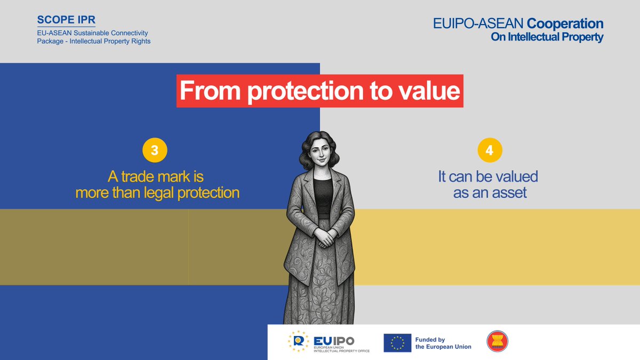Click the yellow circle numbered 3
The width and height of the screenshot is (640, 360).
pos(155,151)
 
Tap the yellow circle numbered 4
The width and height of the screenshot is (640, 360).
pos(489,151)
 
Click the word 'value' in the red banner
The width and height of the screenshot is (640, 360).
pos(432,91)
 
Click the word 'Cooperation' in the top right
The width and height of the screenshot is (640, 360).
pos(565,24)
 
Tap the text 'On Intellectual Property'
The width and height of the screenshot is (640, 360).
pos(547,37)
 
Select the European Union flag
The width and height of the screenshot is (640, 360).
pos(397,342)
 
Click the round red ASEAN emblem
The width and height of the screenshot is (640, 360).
pos(498,341)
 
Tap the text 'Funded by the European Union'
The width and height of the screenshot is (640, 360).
pos(443,343)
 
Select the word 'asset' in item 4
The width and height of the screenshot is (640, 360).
pos(508,193)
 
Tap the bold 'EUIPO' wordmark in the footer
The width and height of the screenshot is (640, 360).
pos(334,340)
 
